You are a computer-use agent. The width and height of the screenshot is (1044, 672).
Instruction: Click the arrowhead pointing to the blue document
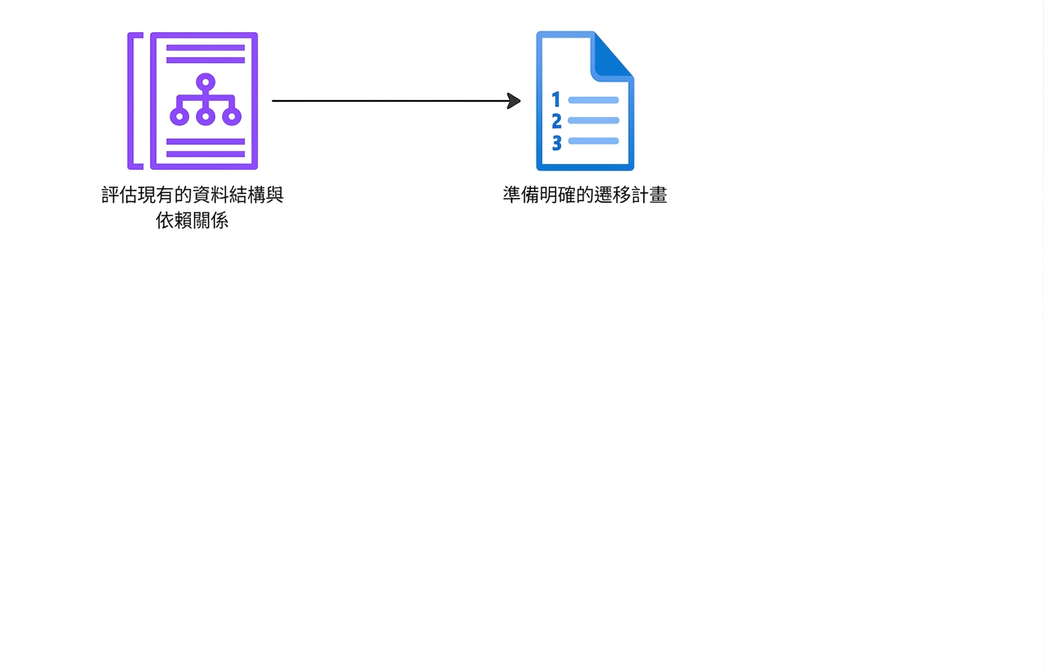514,101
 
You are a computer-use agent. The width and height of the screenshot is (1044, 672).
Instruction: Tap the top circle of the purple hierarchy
205,82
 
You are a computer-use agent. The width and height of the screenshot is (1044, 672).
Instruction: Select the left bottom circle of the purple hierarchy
179,116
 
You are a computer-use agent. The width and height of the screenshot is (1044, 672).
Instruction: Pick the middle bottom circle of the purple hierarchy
205,116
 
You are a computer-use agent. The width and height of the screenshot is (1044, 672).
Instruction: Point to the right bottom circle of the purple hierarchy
232,116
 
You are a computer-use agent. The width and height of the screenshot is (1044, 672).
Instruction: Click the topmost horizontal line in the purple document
205,48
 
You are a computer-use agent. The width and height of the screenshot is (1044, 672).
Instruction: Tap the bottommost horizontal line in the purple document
205,154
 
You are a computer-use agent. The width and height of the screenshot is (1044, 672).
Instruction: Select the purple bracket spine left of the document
131,101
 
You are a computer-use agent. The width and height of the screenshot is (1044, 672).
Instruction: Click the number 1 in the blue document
556,99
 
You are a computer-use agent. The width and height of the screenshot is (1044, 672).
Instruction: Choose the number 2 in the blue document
557,121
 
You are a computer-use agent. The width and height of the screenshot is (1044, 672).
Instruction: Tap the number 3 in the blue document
557,143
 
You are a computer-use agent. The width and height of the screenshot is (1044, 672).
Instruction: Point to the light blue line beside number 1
593,100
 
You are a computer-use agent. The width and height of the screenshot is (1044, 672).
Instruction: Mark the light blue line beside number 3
593,141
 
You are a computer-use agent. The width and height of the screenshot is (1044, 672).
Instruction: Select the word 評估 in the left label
120,195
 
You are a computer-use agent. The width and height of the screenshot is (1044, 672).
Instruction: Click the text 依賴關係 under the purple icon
192,220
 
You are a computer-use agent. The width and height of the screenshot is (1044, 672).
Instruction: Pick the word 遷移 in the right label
613,195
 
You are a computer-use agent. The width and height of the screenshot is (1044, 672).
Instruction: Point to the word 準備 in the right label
521,195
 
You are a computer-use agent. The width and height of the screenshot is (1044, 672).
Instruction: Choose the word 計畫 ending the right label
649,195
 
